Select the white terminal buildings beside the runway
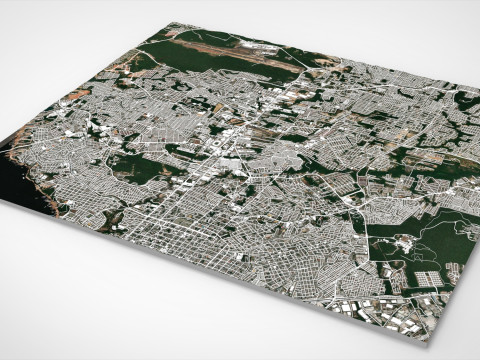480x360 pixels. pos(262,46)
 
